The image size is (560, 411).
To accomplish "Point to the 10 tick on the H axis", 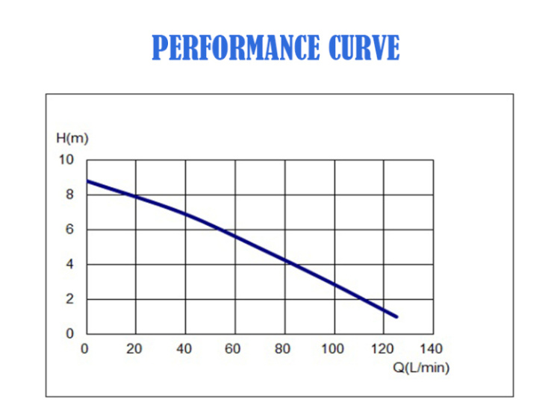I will point(67,160).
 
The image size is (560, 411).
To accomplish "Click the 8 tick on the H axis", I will point(70,195).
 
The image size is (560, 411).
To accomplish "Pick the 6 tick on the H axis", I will point(70,230).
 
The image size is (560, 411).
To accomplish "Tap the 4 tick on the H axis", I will point(70,264).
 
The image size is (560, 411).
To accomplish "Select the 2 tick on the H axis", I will point(70,299).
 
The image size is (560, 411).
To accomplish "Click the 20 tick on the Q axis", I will point(134,349).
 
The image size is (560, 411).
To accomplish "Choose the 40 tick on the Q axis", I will point(184,349).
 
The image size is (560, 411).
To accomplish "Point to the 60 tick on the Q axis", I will point(234,349).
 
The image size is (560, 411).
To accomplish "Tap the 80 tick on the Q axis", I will point(284,349).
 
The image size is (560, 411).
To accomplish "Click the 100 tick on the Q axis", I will point(333,349).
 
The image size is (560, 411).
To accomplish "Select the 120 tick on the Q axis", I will point(382,349).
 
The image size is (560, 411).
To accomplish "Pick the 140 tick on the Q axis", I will point(432,349).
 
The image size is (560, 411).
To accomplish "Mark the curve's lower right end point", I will point(397,317).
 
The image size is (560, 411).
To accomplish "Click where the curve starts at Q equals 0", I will point(86,181).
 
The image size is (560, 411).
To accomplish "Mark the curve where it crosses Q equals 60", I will point(234,236).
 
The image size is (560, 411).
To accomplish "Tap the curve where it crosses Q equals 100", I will point(334,285).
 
